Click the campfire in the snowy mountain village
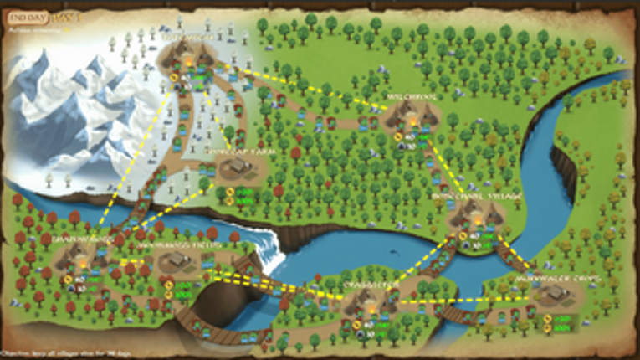[192, 60]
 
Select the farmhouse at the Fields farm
[177, 262]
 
